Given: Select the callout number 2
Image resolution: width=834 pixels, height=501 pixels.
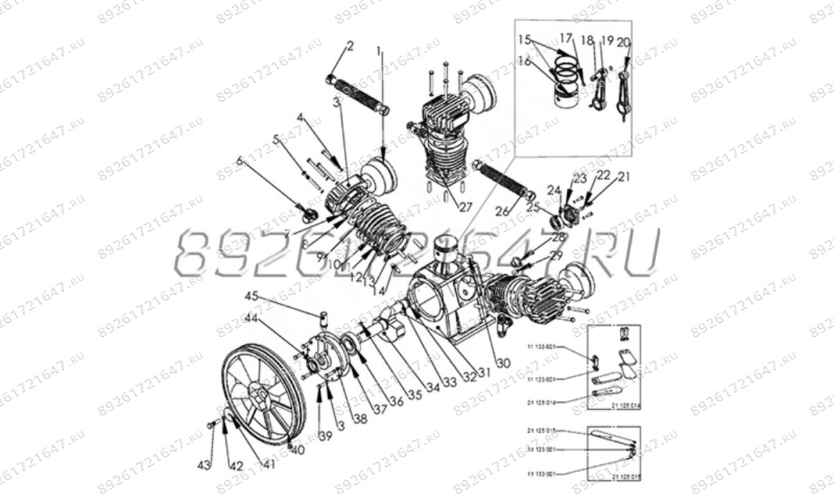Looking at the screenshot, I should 350,47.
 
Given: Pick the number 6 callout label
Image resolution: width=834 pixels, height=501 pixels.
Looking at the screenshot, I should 240,161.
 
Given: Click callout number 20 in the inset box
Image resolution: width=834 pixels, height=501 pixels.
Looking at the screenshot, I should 623,43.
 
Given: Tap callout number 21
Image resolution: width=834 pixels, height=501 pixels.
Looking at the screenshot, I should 623,177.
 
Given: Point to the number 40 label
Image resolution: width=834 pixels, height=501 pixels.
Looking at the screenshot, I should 299,450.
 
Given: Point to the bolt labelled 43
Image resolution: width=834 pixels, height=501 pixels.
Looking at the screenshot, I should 211,422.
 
